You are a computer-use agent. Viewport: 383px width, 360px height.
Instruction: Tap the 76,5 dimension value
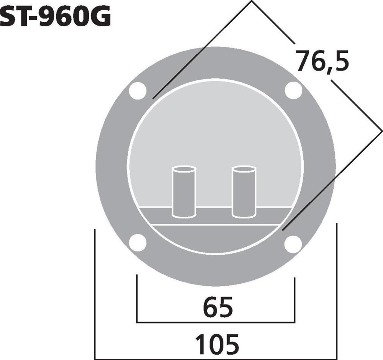click(x=322, y=61)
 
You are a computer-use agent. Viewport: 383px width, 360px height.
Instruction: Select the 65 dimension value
click(x=218, y=307)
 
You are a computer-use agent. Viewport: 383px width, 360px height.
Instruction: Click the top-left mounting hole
click(x=138, y=91)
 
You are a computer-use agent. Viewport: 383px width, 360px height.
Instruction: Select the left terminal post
click(x=184, y=192)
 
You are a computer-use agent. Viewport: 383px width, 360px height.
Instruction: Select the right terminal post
click(x=244, y=192)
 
